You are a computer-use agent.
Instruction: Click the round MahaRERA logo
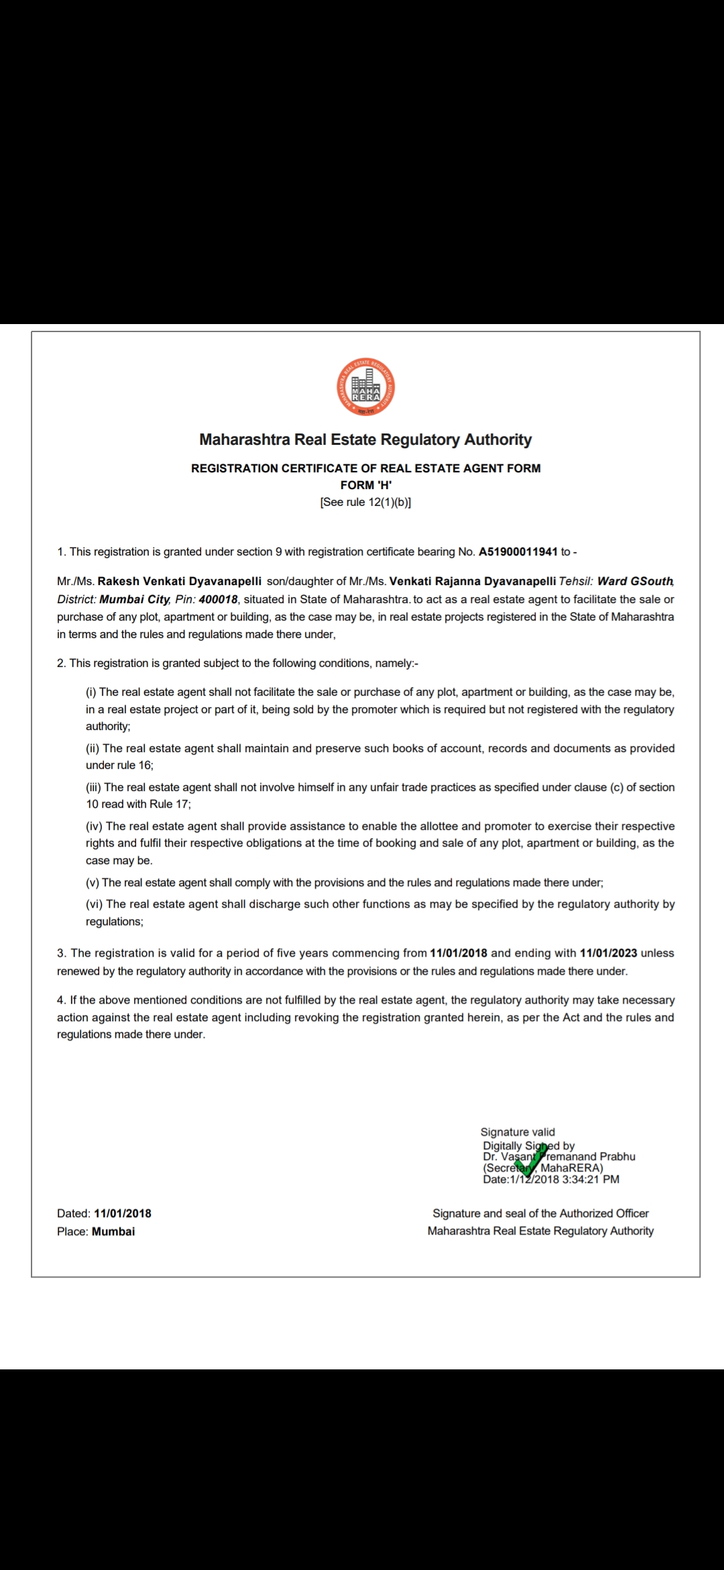365,387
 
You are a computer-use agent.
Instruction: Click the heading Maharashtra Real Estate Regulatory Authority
365,440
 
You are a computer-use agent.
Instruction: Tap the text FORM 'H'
365,485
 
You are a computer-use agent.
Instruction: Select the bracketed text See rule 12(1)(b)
365,503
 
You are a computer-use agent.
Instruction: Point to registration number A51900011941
518,552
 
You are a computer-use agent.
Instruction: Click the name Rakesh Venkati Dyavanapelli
180,581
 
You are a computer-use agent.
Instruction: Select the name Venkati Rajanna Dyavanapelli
473,581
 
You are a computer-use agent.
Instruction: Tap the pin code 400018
219,599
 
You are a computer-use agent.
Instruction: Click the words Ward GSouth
635,581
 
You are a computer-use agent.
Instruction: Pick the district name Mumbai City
134,599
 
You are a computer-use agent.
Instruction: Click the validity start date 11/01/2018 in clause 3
459,953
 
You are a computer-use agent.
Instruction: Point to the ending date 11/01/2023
609,953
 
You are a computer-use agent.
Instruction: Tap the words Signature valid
518,1132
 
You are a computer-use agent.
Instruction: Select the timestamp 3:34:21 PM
591,1179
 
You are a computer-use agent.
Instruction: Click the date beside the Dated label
123,1214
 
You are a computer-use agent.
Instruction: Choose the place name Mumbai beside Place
113,1232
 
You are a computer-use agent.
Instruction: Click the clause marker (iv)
94,827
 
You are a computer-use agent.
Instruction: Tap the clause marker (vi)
94,904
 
